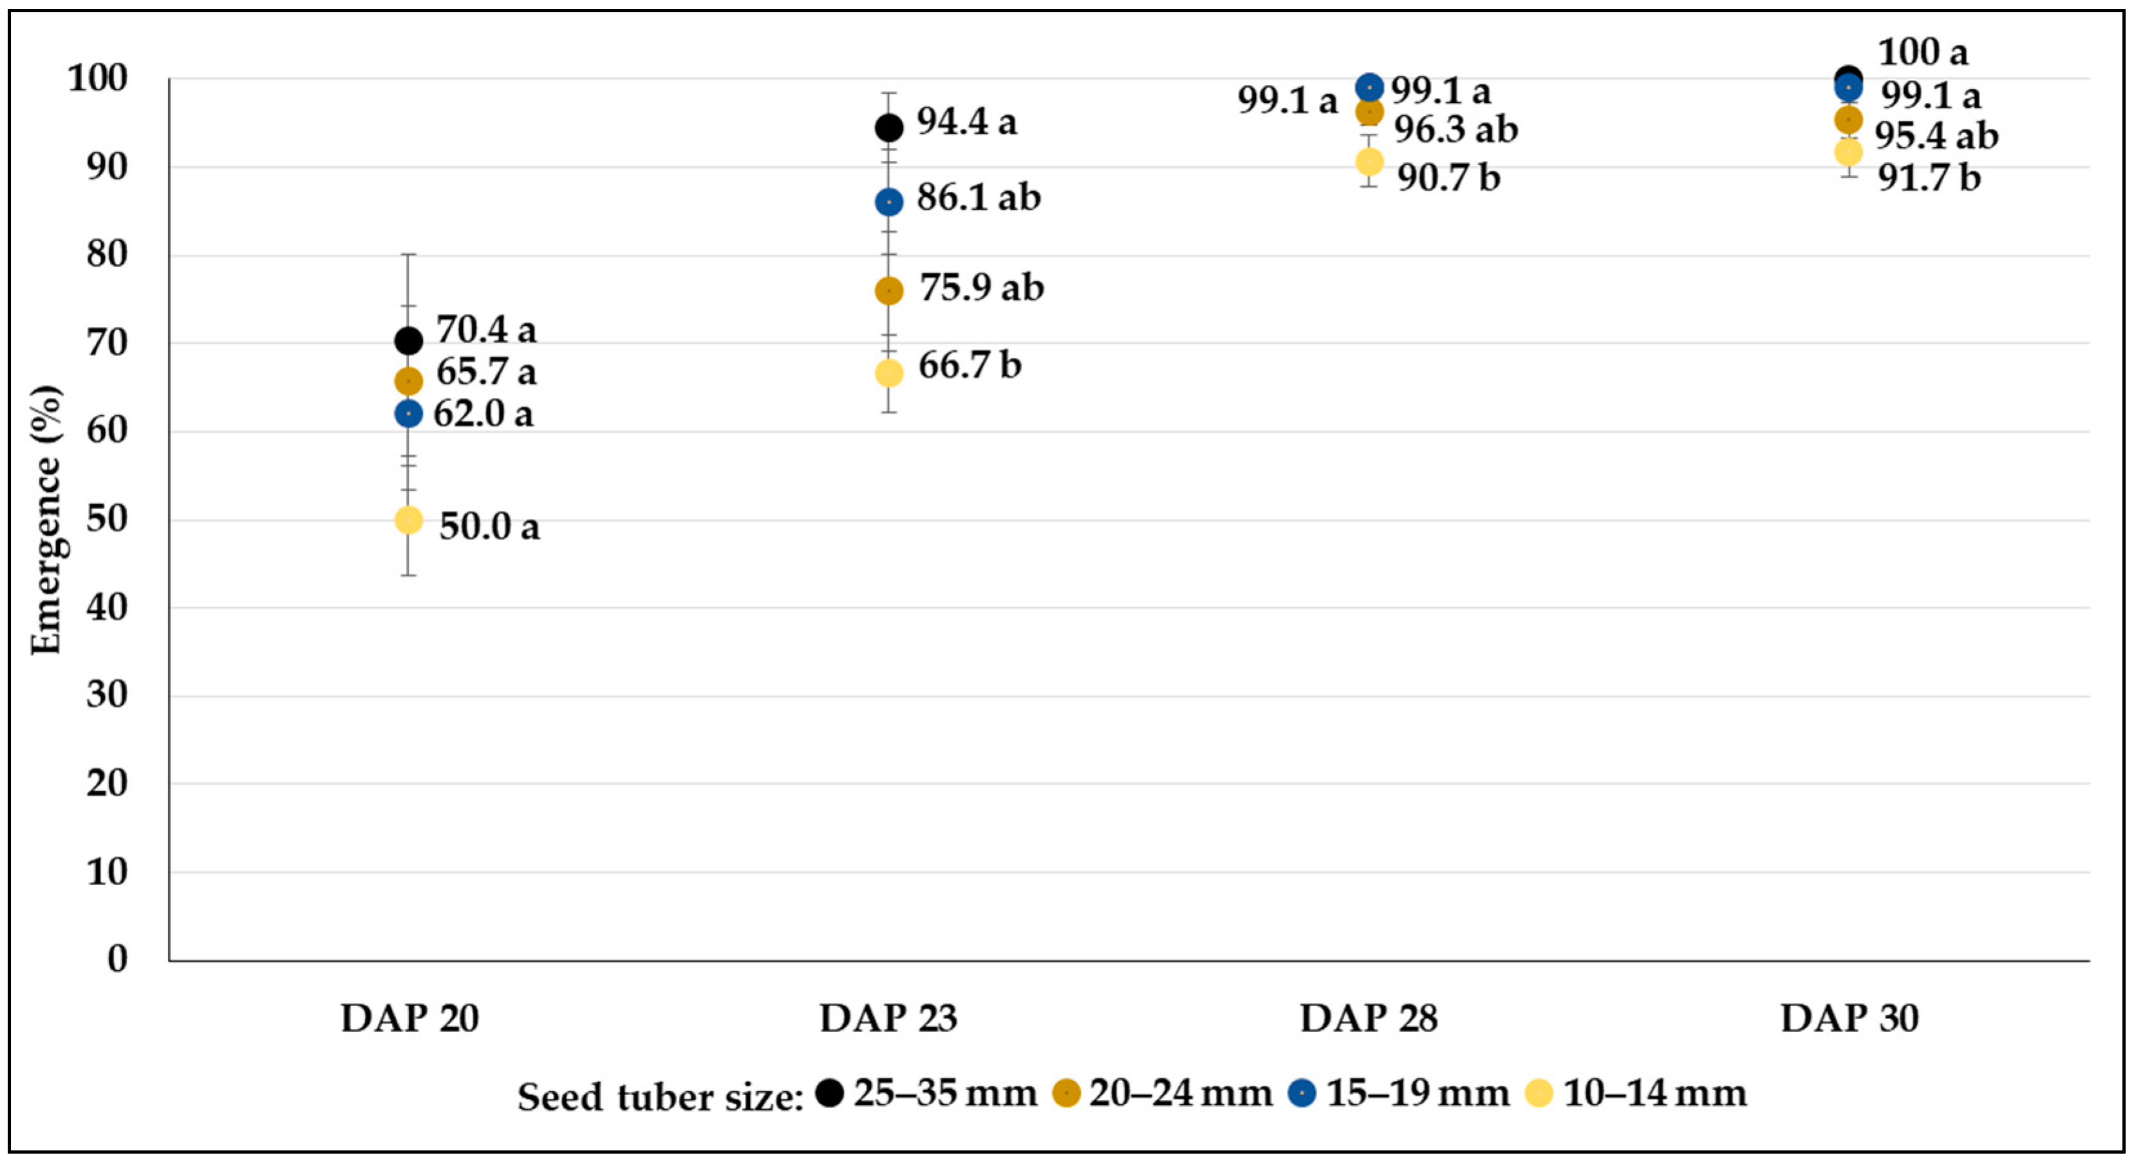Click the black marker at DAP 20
(408, 341)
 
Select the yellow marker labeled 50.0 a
(408, 520)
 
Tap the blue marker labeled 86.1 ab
(889, 202)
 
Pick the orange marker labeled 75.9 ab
(889, 291)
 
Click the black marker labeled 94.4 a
(889, 127)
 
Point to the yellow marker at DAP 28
(1369, 162)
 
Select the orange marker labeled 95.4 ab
(1848, 120)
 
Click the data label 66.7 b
(969, 365)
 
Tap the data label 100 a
(1922, 52)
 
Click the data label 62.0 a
(483, 413)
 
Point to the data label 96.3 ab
(1455, 129)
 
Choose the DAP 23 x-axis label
(888, 1018)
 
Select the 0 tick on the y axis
(118, 959)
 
